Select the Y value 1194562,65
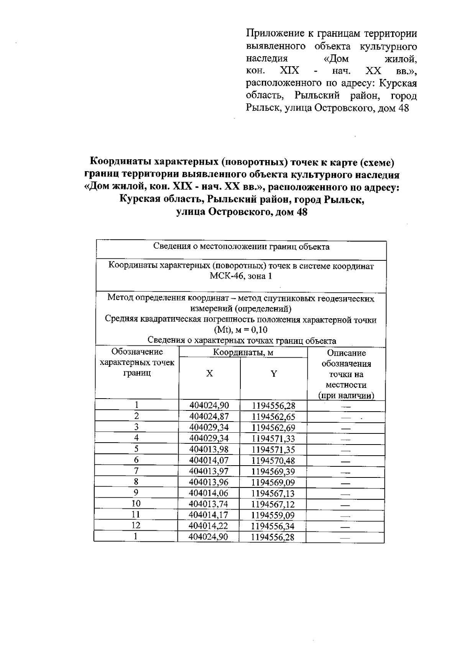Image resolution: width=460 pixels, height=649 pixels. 273,417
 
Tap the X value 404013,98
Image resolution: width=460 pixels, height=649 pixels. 209,450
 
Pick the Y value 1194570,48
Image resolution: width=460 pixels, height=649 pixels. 273,461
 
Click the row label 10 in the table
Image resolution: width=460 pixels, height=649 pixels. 136,504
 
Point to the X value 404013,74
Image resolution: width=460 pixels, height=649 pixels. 209,504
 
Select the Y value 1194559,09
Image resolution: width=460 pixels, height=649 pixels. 273,515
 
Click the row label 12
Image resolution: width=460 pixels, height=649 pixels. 136,525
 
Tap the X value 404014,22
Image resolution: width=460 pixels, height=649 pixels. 209,526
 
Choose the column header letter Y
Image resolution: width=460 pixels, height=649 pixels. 274,374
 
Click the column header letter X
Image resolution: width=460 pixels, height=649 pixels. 209,374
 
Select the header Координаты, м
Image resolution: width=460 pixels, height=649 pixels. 243,353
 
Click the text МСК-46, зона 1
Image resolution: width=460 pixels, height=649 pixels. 241,276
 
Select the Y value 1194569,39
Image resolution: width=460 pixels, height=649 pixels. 273,472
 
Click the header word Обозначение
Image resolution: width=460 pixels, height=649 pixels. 137,352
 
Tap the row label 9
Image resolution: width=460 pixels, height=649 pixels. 136,493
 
